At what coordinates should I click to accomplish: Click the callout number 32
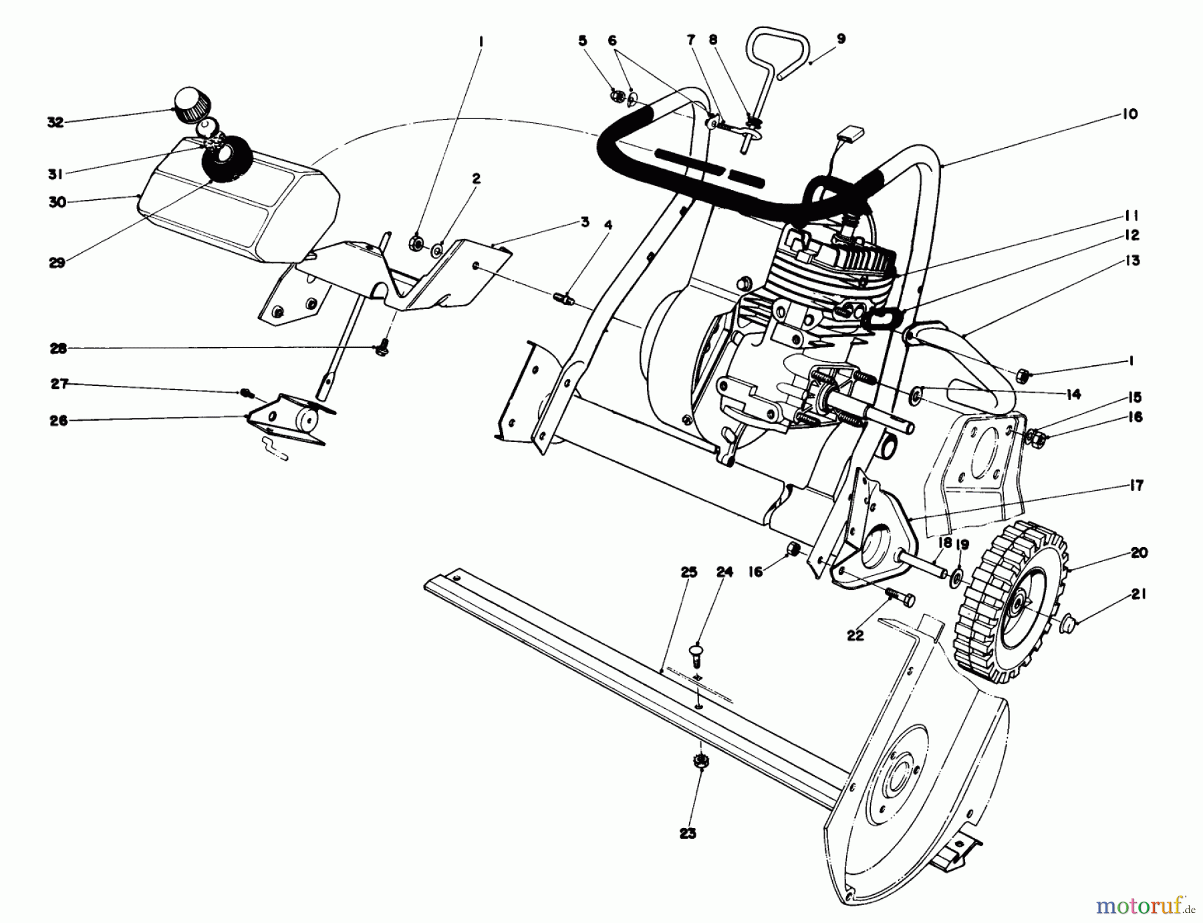[55, 122]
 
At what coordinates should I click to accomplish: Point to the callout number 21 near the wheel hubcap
[1138, 594]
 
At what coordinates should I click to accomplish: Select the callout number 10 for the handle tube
[1129, 114]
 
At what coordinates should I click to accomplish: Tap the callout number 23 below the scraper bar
[688, 833]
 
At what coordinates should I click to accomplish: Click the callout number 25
[688, 572]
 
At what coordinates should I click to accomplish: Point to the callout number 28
[59, 348]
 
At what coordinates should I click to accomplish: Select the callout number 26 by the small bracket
[59, 421]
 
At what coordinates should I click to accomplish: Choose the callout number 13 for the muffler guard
[1131, 260]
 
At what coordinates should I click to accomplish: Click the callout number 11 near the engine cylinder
[1131, 216]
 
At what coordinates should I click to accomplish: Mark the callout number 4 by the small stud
[608, 225]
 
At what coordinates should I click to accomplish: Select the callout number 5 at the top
[582, 41]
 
